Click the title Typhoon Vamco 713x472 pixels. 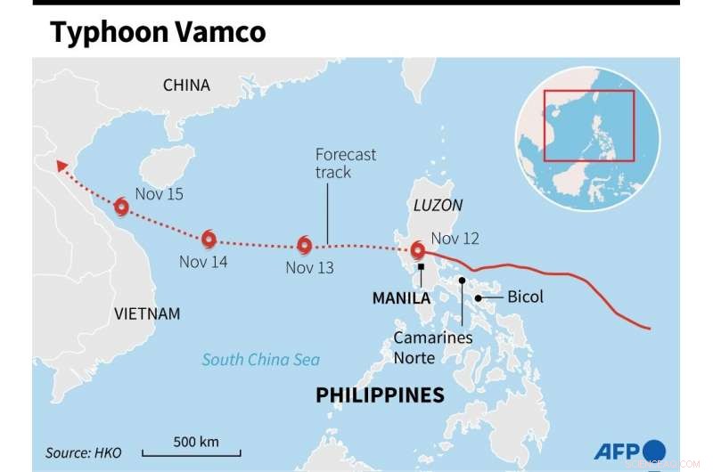(158, 32)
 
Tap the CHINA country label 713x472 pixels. (186, 85)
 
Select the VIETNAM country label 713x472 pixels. (147, 313)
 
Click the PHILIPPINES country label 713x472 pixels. (380, 395)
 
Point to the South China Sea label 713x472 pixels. (260, 360)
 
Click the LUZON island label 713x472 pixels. (438, 205)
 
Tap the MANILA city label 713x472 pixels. (401, 298)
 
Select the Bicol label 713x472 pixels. (525, 297)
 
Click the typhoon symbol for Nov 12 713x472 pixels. (417, 250)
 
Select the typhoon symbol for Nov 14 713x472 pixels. (209, 239)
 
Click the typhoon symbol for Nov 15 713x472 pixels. (121, 208)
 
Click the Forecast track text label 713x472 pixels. (345, 163)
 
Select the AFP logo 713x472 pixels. (629, 451)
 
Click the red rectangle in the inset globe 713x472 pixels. (588, 125)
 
